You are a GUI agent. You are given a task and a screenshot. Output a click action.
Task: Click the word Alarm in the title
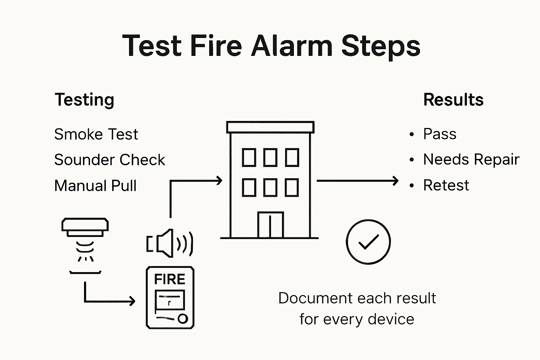291,46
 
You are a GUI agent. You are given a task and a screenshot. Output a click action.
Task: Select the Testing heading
84,100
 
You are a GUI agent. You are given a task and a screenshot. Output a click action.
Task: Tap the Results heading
453,100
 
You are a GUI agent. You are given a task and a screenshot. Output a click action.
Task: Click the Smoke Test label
96,134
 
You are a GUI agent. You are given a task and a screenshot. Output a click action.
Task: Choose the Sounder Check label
109,160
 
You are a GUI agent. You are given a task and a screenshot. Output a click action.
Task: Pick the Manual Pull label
95,186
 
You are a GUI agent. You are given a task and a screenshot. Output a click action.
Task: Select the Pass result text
439,134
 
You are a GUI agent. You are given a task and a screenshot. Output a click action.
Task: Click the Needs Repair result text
471,159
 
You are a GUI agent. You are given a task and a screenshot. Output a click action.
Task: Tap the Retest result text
446,185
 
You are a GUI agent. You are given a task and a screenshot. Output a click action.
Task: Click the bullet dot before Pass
412,135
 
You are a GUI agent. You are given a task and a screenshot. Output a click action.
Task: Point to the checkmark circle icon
368,242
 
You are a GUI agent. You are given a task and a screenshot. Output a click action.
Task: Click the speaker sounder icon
170,243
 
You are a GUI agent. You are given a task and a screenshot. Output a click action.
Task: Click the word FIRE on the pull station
169,279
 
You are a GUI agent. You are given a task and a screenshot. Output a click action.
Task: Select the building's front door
270,225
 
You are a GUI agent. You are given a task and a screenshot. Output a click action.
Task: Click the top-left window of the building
249,157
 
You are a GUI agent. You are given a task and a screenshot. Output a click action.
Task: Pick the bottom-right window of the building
292,187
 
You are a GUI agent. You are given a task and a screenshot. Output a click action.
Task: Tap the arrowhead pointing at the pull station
132,301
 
